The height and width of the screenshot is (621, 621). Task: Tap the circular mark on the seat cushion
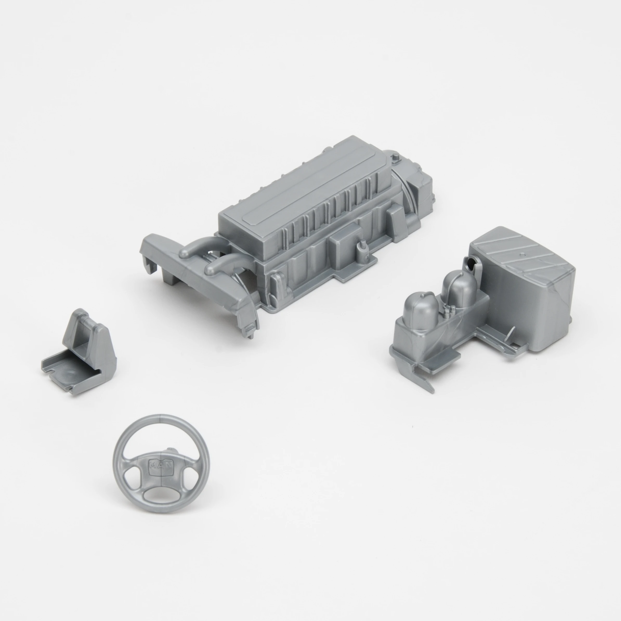71,372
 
